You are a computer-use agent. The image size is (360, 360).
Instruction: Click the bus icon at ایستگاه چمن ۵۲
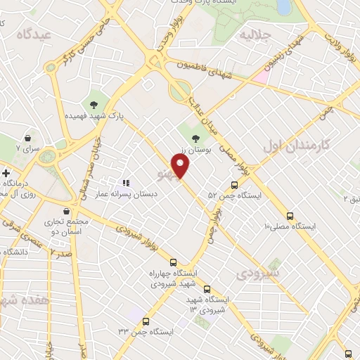click(x=234, y=185)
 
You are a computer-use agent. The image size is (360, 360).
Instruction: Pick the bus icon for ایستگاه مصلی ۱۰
click(x=290, y=216)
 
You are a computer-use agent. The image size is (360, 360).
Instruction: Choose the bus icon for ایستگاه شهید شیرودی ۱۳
click(x=207, y=288)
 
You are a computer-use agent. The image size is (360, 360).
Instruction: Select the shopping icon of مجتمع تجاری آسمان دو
click(x=66, y=211)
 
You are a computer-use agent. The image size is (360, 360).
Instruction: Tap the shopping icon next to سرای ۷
click(x=27, y=138)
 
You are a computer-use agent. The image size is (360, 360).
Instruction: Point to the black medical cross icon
click(x=6, y=173)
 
